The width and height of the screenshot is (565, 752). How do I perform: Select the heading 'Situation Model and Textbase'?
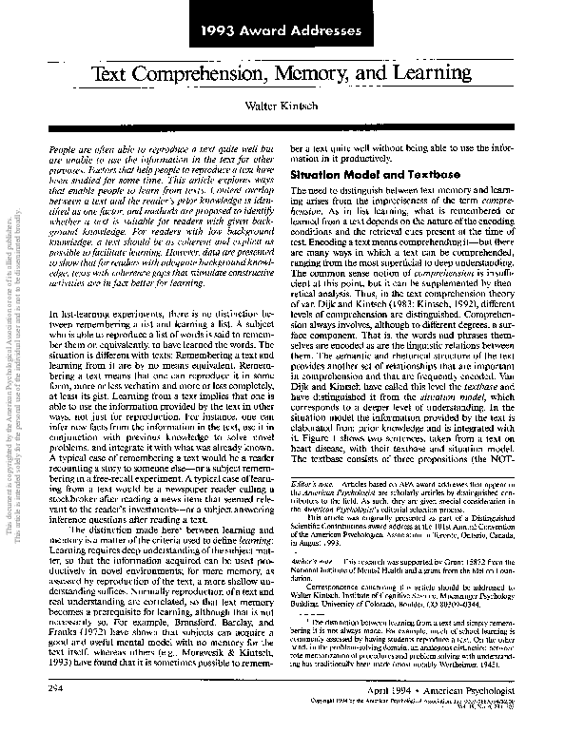tap(363, 177)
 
